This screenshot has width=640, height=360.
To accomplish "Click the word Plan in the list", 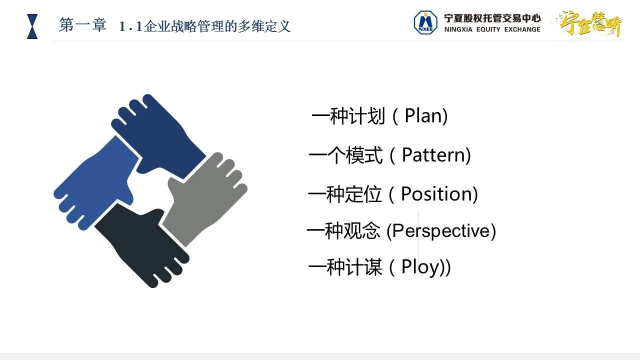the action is click(423, 115).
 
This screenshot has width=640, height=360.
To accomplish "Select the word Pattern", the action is click(433, 155).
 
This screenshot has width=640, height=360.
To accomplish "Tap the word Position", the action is click(437, 193).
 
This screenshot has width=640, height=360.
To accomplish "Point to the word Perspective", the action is click(441, 231).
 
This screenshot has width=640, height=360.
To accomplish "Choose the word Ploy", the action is click(421, 267).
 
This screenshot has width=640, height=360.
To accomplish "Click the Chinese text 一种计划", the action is click(348, 115).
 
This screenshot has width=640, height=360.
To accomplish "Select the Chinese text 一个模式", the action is click(345, 155).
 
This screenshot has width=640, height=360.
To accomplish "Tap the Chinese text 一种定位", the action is click(345, 194).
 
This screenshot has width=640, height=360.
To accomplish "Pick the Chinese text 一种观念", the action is click(343, 230).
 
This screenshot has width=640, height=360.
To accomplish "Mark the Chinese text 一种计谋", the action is click(345, 267).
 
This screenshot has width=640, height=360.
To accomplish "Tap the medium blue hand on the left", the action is click(97, 183).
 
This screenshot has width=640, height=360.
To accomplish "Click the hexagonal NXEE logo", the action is click(425, 22).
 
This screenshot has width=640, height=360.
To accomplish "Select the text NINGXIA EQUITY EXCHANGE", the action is click(492, 29).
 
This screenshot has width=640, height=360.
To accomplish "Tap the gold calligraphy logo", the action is click(590, 23).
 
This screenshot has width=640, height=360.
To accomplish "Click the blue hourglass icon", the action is click(32, 26).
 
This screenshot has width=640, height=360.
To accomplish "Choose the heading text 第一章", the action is click(82, 25).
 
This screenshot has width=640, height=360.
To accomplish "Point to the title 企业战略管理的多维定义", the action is click(217, 26).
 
